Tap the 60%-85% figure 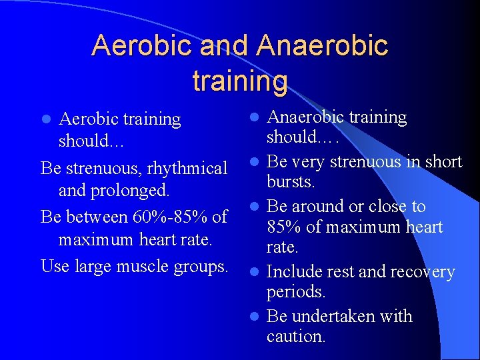click(x=167, y=217)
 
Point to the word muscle click(x=149, y=266)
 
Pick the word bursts click(x=291, y=182)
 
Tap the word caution click(x=296, y=337)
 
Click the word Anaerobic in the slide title click(x=321, y=46)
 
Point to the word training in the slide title click(x=240, y=81)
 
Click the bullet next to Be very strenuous click(x=255, y=162)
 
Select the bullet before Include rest click(x=255, y=273)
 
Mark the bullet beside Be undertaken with click(x=255, y=317)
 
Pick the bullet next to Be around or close click(x=255, y=207)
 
